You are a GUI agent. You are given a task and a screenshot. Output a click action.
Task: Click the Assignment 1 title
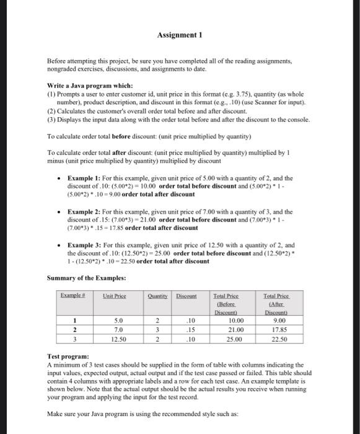pos(179,35)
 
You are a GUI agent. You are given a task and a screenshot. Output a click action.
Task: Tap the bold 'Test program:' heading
pos(68,358)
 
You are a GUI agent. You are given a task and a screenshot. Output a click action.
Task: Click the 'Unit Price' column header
pos(115,296)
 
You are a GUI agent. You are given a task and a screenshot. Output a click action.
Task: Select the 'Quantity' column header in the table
pos(159,296)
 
